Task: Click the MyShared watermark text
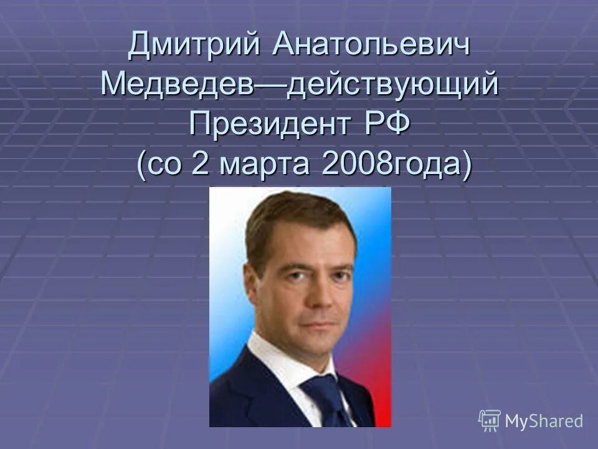[x=544, y=420]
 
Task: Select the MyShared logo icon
[x=490, y=420]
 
